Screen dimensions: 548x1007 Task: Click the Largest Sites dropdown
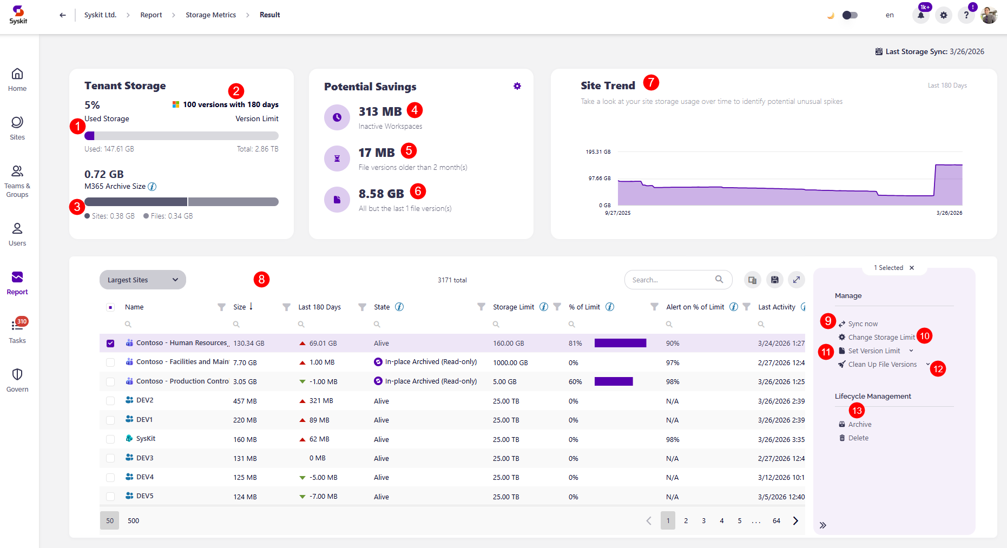tap(142, 280)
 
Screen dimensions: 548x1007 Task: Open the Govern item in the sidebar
tap(17, 380)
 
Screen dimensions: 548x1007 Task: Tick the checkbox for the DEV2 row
tap(110, 401)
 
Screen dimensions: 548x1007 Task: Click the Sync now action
tap(863, 324)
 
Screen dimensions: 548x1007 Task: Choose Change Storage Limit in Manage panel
tap(881, 338)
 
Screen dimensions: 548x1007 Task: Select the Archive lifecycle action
tap(859, 425)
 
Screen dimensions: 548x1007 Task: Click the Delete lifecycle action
tap(858, 438)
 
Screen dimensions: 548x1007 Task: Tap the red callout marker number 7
tap(651, 83)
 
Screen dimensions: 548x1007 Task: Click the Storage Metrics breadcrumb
tap(210, 15)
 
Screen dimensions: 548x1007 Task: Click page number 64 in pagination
tap(776, 521)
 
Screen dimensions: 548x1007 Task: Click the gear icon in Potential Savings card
tap(517, 86)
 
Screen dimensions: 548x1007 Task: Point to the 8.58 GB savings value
tap(381, 194)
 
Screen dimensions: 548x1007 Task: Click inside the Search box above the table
tap(671, 280)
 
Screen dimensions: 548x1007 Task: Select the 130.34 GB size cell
tap(248, 344)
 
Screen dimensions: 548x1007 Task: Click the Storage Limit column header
tap(513, 307)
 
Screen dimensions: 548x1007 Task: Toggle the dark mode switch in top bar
tap(850, 15)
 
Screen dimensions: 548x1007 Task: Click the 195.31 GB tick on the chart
tap(598, 152)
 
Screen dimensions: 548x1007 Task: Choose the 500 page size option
tap(133, 521)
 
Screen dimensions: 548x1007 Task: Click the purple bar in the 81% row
tap(620, 344)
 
